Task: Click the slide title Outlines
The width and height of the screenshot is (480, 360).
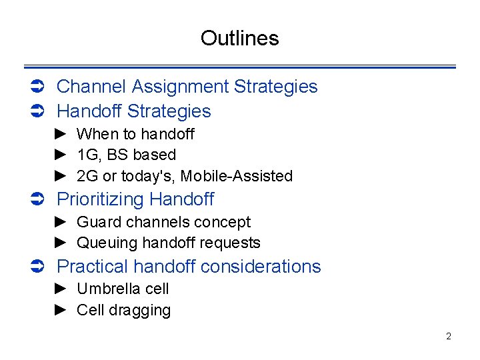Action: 239,38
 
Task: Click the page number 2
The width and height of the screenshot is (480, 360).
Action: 448,336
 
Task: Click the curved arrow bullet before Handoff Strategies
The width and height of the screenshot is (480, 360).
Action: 38,111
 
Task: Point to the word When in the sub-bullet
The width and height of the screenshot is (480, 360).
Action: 97,134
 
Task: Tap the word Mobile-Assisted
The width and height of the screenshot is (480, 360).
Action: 237,176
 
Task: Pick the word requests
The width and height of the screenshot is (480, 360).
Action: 233,243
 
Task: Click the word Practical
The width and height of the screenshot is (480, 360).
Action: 93,267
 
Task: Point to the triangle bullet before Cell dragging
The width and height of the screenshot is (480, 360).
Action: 61,310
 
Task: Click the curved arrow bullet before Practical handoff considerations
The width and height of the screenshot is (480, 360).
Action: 38,267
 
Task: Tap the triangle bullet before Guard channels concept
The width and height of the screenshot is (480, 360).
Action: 61,222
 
